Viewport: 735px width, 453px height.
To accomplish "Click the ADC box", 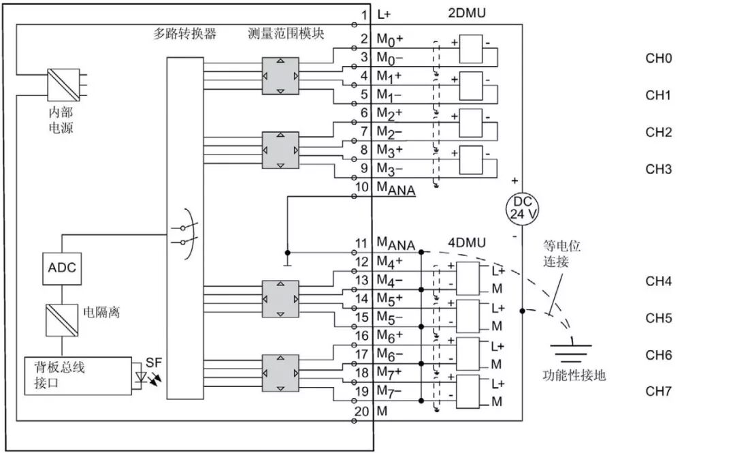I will pos(62,268).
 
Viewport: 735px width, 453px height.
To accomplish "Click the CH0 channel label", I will pos(658,59).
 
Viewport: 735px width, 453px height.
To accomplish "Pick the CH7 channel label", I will pos(658,392).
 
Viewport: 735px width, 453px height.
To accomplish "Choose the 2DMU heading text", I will pos(467,14).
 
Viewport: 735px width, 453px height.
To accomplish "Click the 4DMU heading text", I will pos(466,242).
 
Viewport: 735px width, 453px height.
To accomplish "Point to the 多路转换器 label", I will pos(184,33).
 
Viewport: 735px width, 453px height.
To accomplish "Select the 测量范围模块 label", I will pos(286,33).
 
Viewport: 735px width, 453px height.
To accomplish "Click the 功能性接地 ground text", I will pos(574,375).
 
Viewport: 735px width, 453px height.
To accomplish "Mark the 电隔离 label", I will pos(101,313).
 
